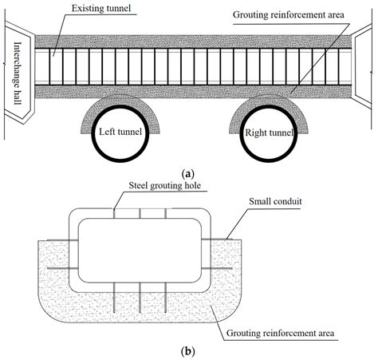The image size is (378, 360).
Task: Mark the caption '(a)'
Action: (188, 172)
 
